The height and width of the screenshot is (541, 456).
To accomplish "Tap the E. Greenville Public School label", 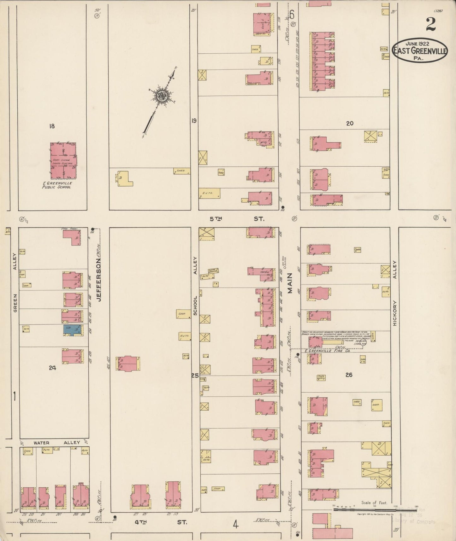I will point(57,185).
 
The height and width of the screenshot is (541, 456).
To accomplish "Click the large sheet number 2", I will point(431,25).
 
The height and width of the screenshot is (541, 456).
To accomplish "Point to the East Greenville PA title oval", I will point(420,50).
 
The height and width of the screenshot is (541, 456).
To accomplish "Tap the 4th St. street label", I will point(160,522).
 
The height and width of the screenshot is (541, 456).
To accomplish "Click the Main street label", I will point(290,283).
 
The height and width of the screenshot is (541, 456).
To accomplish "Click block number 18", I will point(52,126).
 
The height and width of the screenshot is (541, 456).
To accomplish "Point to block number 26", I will point(349,375).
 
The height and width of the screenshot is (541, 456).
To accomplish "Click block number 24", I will point(52,367).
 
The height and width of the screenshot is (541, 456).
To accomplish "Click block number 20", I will point(349,123).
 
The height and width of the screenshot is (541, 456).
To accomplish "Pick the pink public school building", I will point(63,160).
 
